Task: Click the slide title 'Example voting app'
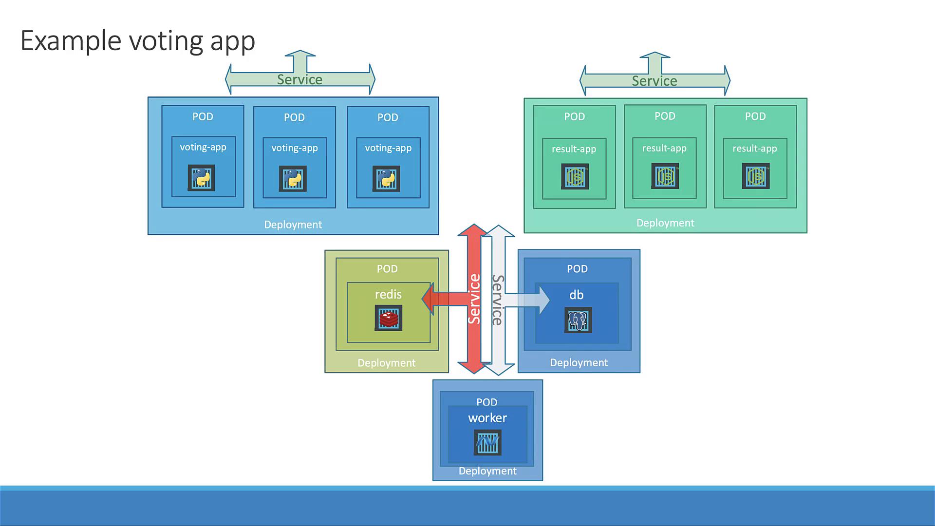[x=138, y=41]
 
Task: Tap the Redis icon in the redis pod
[x=388, y=318]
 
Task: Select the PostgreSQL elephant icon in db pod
[x=578, y=320]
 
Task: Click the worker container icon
[x=487, y=443]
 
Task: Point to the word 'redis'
[x=388, y=294]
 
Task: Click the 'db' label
[x=576, y=295]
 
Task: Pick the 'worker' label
[x=487, y=418]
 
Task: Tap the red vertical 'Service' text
[x=474, y=299]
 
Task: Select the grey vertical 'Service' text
[x=497, y=300]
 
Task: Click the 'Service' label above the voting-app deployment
[x=299, y=79]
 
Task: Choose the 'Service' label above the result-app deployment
[x=654, y=81]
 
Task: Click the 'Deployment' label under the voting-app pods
[x=293, y=225]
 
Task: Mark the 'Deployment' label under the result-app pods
[x=665, y=223]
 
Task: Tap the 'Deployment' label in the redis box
[x=386, y=363]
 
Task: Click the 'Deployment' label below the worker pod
[x=487, y=471]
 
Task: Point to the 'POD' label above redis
[x=387, y=269]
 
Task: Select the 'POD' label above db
[x=577, y=269]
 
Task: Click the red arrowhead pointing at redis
[x=428, y=299]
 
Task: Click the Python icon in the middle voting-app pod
[x=293, y=178]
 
